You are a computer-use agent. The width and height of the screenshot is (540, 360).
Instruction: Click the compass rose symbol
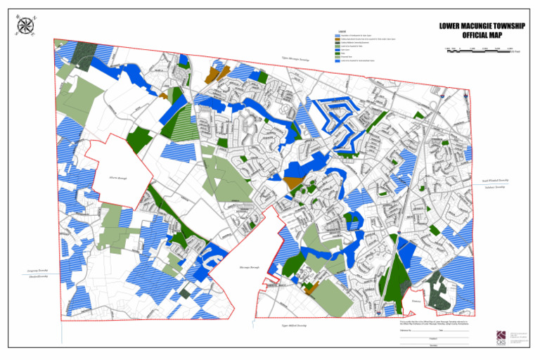coord(28,25)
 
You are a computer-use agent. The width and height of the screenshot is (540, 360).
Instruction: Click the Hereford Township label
coord(32,276)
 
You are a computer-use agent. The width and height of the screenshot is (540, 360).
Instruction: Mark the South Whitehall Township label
coord(495,181)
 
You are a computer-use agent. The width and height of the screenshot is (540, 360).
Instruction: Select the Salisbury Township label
coord(495,188)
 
